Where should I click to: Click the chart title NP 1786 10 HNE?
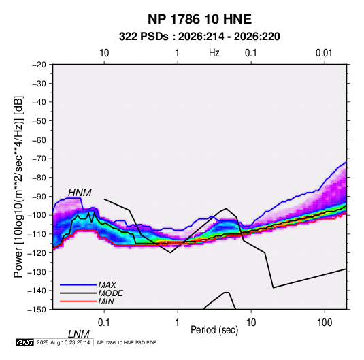click(x=199, y=19)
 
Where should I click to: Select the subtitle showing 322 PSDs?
click(x=199, y=37)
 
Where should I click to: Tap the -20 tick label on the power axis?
click(x=39, y=65)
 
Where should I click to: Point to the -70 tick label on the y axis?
click(x=39, y=159)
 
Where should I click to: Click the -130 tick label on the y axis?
click(x=37, y=272)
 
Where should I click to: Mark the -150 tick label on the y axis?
click(x=37, y=310)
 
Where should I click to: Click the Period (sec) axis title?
click(x=214, y=330)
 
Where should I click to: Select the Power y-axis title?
click(x=18, y=186)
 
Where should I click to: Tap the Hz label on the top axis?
click(x=214, y=53)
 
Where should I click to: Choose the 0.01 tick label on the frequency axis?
click(x=324, y=53)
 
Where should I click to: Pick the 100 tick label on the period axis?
click(x=325, y=323)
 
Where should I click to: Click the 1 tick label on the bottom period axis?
click(x=178, y=323)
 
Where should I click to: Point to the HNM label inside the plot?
click(x=80, y=193)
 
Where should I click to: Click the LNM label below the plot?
click(x=79, y=334)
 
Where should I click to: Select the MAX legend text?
click(x=107, y=284)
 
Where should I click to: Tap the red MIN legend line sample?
click(x=78, y=301)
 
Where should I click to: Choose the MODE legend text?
click(x=110, y=293)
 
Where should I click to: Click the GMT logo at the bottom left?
click(x=24, y=342)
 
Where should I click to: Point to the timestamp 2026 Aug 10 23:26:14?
click(x=63, y=342)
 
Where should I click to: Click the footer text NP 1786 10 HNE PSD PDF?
click(x=127, y=342)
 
